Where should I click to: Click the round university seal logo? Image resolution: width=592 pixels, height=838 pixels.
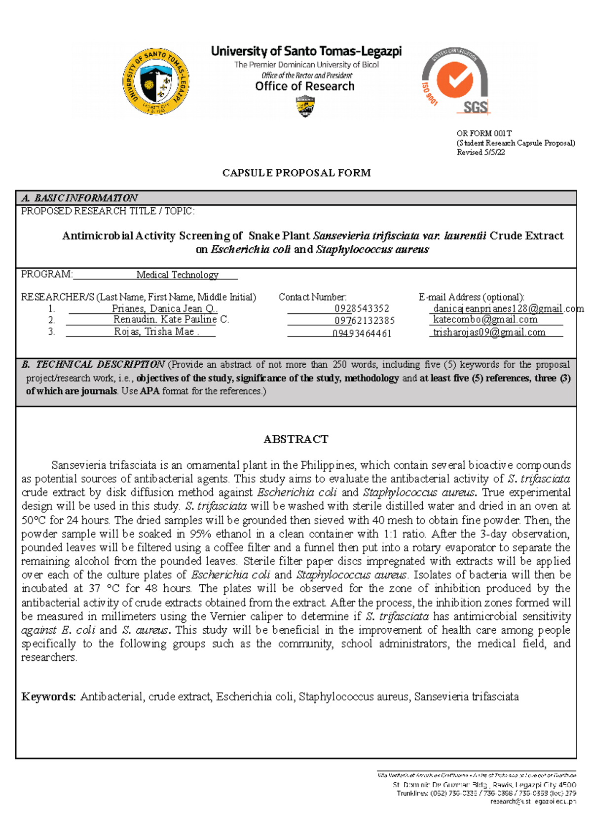coord(156,81)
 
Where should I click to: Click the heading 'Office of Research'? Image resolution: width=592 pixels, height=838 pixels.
coord(304,86)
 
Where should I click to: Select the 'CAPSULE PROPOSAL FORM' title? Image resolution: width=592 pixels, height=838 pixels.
coord(296,173)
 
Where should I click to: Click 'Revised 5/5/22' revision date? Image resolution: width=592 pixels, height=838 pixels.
coord(481,152)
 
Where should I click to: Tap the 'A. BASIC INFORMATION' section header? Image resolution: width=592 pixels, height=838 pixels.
coord(79,198)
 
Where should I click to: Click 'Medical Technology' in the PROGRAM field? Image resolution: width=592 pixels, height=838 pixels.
coord(177,275)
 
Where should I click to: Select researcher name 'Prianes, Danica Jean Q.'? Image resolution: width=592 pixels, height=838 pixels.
coord(164,308)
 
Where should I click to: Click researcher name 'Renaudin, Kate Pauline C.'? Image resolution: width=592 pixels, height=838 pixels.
coord(171,319)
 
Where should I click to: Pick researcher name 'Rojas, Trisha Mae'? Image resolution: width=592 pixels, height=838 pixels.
coord(155,332)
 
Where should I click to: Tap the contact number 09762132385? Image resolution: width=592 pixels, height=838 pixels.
coord(364,321)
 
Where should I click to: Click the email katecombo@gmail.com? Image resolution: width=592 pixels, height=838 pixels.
coord(485,319)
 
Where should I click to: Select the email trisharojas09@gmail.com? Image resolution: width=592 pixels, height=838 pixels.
coord(489,332)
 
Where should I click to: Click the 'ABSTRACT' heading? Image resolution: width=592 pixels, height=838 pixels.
coord(296,439)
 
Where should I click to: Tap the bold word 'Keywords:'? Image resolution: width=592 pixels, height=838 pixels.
coord(48,697)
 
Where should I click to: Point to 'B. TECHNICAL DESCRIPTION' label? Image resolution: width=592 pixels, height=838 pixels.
coord(93,365)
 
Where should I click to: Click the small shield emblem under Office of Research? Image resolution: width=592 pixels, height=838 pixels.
coord(305,106)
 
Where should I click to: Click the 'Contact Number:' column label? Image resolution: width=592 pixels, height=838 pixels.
coord(312,297)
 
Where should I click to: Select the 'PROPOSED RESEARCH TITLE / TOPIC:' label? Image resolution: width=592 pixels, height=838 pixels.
coord(108,211)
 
